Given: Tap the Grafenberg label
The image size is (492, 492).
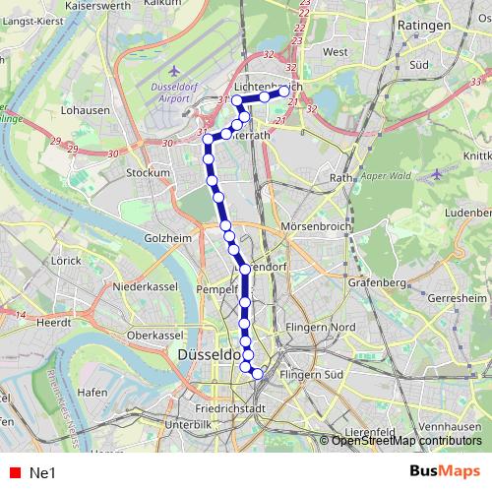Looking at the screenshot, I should (x=378, y=283).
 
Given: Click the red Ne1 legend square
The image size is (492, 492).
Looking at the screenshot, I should (x=12, y=473).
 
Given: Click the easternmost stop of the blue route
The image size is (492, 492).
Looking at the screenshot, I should (x=285, y=92).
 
